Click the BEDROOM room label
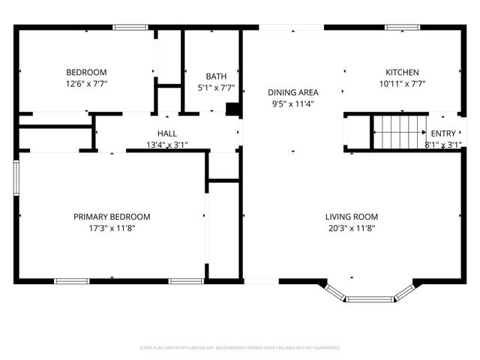(86, 73)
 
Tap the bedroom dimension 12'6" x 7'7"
(86, 84)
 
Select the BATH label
(216, 76)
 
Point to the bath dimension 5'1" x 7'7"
(216, 88)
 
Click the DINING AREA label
(292, 93)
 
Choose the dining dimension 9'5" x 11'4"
(292, 104)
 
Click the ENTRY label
(442, 133)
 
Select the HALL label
(167, 133)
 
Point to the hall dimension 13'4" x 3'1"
(167, 145)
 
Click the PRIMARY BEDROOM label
(112, 217)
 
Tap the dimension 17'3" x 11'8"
(112, 228)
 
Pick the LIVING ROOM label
(350, 217)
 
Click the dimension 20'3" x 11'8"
(350, 228)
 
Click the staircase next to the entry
(399, 133)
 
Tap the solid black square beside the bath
(233, 109)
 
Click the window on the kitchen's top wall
(402, 28)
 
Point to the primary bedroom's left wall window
(16, 178)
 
